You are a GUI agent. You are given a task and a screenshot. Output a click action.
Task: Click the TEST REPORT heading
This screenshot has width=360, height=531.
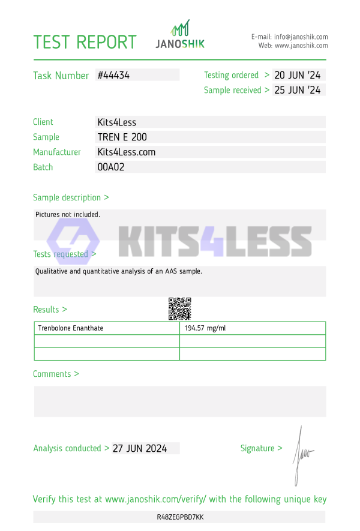85,42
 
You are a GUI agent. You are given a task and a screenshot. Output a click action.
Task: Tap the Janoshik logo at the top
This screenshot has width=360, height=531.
180,35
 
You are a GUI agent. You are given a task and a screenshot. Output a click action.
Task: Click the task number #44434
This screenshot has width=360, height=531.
113,76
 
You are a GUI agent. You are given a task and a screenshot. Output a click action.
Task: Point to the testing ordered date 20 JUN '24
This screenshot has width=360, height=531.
298,76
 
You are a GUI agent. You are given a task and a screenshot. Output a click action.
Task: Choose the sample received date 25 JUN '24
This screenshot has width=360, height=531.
298,91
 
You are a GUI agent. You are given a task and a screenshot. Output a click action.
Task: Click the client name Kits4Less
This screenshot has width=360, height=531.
116,122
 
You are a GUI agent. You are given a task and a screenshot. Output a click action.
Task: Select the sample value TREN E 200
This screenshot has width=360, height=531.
122,137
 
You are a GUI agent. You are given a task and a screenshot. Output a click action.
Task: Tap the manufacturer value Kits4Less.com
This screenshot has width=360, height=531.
126,152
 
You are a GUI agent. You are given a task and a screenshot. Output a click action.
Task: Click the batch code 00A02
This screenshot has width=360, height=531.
110,167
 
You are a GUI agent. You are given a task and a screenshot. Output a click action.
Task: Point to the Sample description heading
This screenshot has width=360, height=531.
71,197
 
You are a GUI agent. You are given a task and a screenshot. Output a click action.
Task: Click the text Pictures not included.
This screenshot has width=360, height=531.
68,214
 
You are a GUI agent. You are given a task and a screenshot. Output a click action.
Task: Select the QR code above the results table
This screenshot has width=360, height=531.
179,308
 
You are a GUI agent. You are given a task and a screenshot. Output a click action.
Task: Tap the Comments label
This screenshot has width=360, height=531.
56,374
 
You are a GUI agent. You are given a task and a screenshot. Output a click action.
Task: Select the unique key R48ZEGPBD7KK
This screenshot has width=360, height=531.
180,517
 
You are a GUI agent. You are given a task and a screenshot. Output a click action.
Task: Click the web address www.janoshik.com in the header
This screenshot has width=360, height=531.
301,46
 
